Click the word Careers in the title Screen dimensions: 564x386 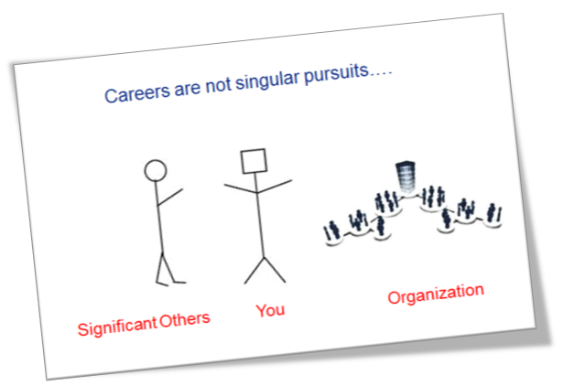coord(137,92)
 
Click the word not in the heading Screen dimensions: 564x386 coord(218,86)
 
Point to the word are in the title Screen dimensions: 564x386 coord(187,89)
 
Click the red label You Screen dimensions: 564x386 coord(270,310)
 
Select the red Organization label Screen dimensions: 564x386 coord(436,295)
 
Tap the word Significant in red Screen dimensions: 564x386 coord(117,327)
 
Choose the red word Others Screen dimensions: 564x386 coord(185,319)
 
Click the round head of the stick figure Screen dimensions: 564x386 coord(156,170)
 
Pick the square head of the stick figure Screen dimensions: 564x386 coord(254,161)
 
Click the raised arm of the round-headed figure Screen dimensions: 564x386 coord(169,198)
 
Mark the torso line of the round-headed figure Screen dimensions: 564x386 coord(159,218)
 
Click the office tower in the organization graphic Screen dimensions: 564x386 coord(406,177)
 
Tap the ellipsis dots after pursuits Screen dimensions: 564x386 coord(381,74)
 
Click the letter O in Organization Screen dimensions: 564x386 coord(394,297)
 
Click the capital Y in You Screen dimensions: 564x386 coord(261,310)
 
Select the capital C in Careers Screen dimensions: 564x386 coord(111,96)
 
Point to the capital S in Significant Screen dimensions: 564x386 coord(83,329)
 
